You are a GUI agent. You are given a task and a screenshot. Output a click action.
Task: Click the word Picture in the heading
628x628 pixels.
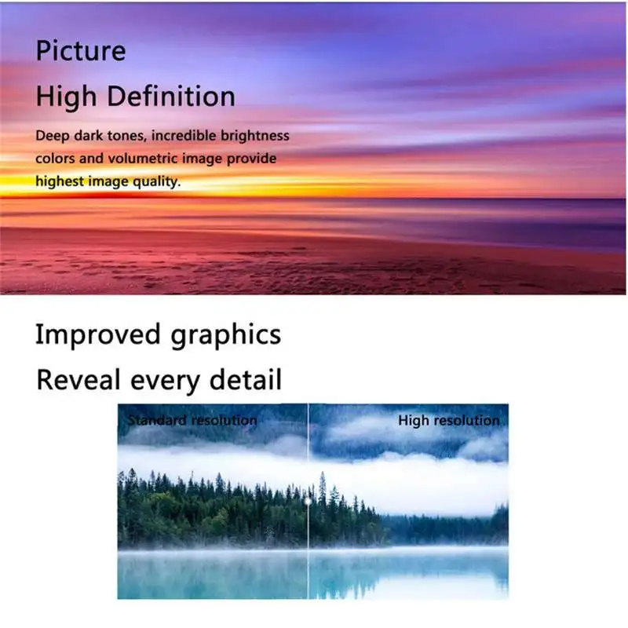coord(81,50)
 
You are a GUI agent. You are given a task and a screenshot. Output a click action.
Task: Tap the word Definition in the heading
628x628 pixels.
coord(171,96)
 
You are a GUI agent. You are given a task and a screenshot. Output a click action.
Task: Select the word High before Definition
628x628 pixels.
coord(66,97)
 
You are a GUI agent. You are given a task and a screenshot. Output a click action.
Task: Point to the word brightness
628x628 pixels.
coord(254,136)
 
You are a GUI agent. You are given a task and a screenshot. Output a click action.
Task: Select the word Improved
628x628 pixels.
coord(98,334)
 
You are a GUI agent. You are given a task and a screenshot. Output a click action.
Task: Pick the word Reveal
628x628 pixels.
coord(78,380)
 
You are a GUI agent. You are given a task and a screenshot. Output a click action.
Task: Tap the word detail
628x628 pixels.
coord(246,379)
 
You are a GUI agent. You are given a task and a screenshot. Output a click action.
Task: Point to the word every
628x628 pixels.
coord(165,382)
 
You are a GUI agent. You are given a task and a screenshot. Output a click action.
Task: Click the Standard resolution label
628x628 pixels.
coord(192,420)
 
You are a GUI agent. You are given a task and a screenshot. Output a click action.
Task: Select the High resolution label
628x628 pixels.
coord(449,420)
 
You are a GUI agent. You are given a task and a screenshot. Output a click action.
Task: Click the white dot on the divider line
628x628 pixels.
coord(308,501)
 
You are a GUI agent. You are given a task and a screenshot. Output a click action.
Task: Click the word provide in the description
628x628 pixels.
coord(251,159)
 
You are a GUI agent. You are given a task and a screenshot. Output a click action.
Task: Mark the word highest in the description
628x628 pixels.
coord(60,181)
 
